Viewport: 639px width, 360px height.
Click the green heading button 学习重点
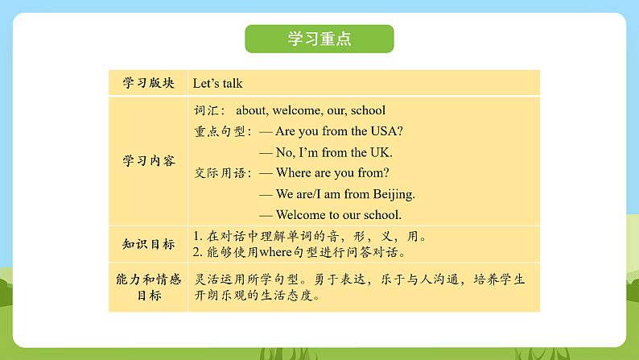coord(319,39)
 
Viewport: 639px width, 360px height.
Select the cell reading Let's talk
coord(217,83)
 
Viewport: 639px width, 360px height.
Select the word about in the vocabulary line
coord(253,110)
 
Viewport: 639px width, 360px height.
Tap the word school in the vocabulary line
coord(368,110)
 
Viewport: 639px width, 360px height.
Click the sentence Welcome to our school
coord(338,215)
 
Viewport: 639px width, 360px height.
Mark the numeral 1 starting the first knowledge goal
coord(197,237)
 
